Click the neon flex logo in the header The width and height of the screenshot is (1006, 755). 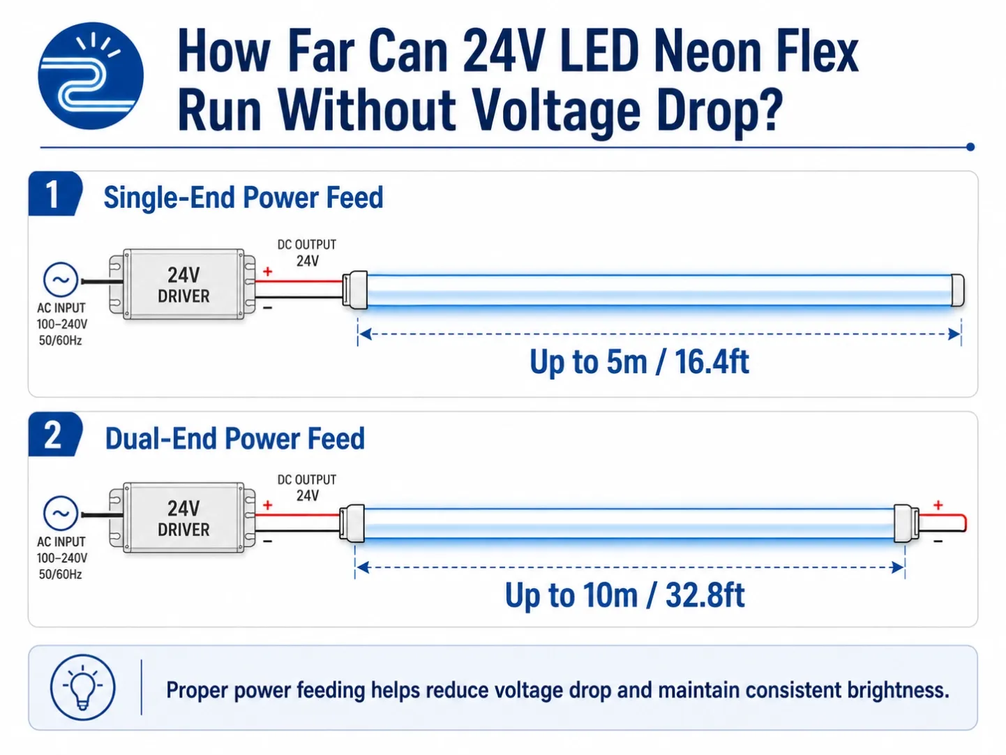[90, 75]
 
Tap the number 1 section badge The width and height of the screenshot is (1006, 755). [54, 193]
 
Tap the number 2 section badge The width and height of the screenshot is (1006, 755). [54, 435]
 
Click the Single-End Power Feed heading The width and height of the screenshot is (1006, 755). [243, 197]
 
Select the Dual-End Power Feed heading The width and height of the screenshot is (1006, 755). [235, 439]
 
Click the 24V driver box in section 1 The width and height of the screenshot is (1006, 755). [182, 284]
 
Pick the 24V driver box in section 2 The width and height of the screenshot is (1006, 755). [182, 518]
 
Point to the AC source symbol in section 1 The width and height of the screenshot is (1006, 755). [61, 280]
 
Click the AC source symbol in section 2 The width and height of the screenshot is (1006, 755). [61, 514]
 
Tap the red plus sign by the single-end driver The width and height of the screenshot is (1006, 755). [268, 271]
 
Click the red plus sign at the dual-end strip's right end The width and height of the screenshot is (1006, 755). [938, 504]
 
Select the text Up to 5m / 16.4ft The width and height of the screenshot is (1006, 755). [639, 362]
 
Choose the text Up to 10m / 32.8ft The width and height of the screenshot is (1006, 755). [624, 595]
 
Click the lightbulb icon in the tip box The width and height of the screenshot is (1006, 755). [83, 687]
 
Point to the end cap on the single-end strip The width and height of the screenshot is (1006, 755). [957, 290]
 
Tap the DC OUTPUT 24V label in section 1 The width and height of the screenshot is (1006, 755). [307, 253]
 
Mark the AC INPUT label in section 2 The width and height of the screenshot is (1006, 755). [61, 542]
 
